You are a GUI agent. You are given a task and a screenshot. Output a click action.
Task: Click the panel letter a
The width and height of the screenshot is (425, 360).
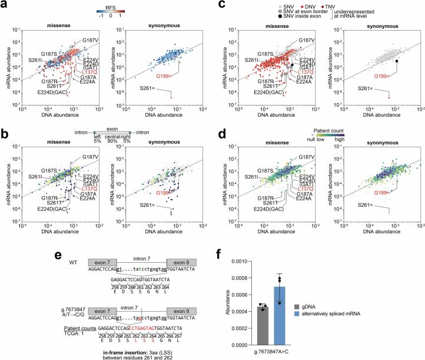[5, 4]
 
